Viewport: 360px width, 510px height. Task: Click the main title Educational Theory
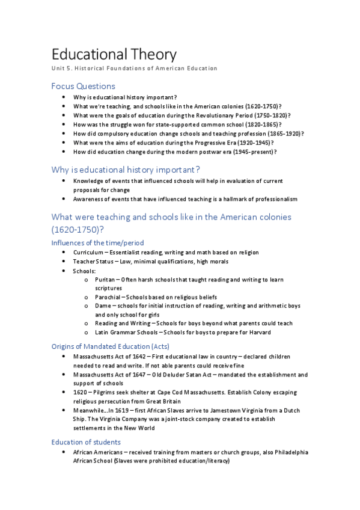114,55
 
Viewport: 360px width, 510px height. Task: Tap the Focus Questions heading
83,86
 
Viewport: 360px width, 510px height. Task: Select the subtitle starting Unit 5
134,69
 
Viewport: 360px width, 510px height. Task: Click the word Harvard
258,332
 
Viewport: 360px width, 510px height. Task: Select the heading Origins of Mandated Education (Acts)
110,346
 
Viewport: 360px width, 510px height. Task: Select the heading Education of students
86,442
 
